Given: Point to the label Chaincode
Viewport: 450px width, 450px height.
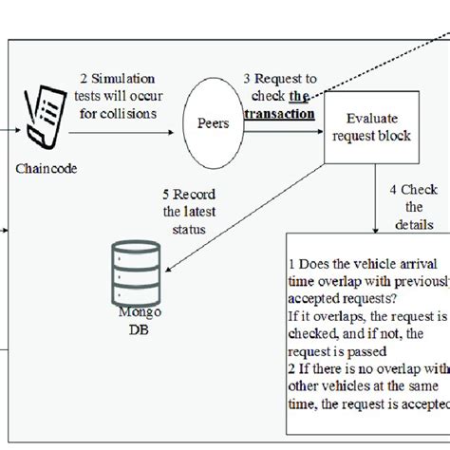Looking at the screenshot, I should (42, 170).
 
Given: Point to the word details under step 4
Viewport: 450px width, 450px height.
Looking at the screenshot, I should (415, 225).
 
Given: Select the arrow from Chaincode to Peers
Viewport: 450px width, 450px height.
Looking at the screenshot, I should (129, 134).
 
